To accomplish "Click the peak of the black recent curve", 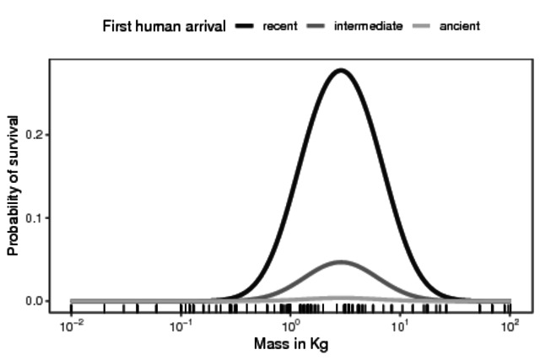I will point(340,70).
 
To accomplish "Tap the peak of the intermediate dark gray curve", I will point(341,262).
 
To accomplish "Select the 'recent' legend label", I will point(279,26).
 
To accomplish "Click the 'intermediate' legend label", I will point(368,26).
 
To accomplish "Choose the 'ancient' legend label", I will point(460,26).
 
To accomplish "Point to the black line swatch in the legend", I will point(246,26).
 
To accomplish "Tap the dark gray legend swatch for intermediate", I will point(316,26).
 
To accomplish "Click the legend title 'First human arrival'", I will point(164,26).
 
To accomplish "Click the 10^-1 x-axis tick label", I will point(181,326).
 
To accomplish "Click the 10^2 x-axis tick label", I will point(510,326).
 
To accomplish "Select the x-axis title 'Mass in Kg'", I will point(290,345).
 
